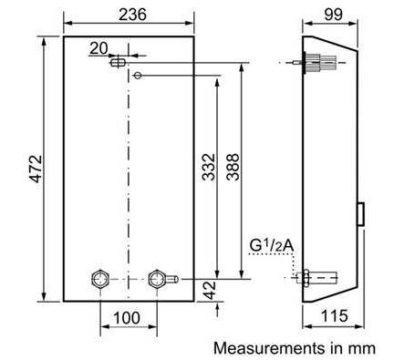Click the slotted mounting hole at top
tap(119, 62)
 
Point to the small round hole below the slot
tap(137, 76)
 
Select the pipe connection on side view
tap(319, 276)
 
